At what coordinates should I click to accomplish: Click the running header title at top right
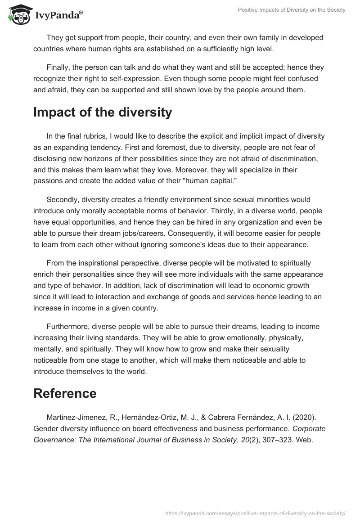point(292,10)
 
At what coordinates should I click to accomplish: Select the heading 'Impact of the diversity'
point(103,112)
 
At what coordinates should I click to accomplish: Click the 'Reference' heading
point(65,393)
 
